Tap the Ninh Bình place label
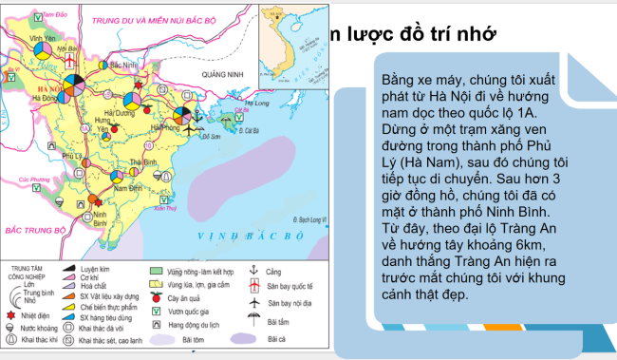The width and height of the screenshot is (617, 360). pos(99,218)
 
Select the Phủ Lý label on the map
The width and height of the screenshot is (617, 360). pos(72,155)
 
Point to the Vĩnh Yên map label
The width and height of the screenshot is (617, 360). pos(43,38)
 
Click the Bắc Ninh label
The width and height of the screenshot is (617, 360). pos(124,64)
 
